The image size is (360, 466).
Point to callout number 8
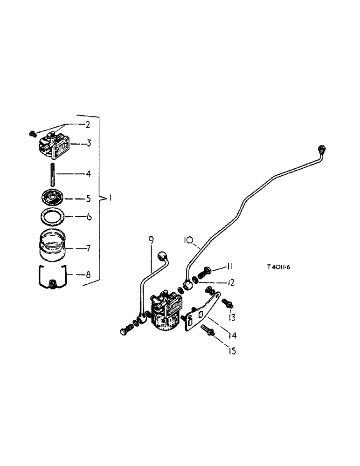(x=88, y=275)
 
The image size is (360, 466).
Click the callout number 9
(x=151, y=240)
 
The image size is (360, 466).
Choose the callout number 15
(x=232, y=351)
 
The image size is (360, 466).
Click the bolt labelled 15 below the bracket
(x=207, y=331)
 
